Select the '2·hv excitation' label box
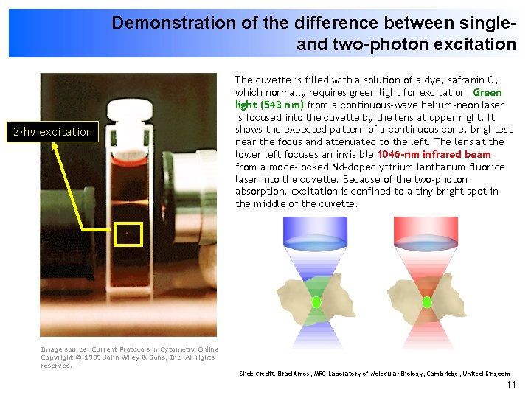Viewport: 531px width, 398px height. coord(51,132)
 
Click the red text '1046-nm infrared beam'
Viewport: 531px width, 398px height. coord(434,154)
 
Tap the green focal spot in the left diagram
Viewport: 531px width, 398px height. coord(316,302)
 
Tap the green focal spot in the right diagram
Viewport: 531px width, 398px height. coord(427,302)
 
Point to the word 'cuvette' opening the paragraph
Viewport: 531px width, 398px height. coord(271,80)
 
